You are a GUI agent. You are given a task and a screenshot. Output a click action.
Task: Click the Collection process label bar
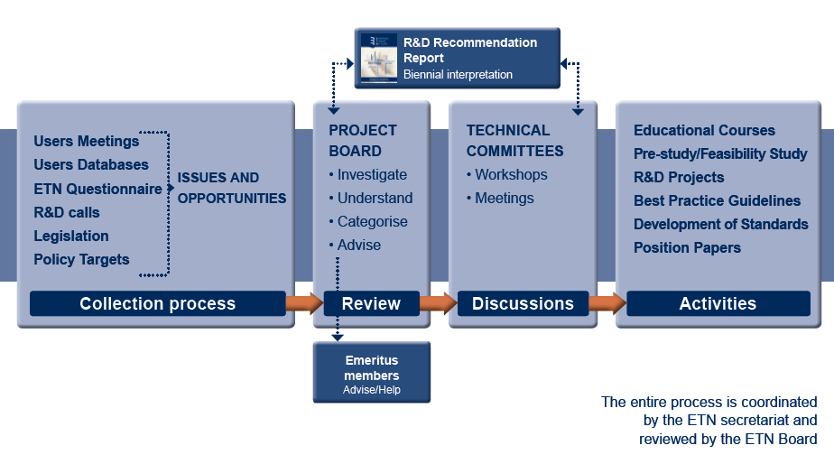click(157, 303)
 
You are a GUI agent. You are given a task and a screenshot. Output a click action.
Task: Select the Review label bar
click(371, 303)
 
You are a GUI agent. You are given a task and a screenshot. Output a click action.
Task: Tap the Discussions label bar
click(523, 303)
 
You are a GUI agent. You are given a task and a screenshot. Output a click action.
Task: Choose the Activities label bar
click(718, 303)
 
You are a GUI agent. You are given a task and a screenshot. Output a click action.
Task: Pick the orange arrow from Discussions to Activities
click(607, 303)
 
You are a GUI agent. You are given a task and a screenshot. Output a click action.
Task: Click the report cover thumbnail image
click(379, 58)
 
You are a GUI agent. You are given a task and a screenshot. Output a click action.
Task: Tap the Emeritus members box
click(372, 372)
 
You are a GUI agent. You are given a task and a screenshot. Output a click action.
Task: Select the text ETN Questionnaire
click(97, 189)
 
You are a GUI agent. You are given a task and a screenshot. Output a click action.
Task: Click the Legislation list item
click(71, 236)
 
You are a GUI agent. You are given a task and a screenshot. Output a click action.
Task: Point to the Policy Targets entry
click(81, 259)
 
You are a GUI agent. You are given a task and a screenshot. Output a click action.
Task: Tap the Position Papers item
click(687, 247)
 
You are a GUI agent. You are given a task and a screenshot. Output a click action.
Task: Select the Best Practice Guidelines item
click(717, 200)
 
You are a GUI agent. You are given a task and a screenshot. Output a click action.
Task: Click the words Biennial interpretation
click(458, 75)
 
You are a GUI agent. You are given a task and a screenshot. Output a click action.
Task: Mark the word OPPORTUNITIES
click(232, 199)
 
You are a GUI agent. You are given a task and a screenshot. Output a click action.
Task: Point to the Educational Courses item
click(704, 130)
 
